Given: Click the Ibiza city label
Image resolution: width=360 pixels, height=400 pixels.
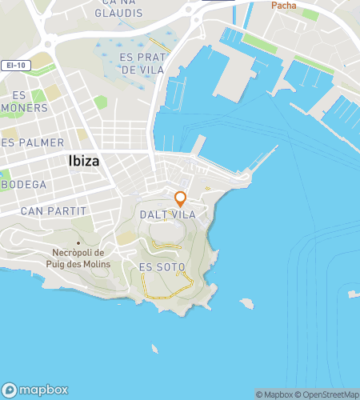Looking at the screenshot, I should (78, 161).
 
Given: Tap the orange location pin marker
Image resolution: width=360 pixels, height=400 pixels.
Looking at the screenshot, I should (181, 198).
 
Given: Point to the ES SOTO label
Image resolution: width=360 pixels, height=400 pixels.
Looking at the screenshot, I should (162, 266).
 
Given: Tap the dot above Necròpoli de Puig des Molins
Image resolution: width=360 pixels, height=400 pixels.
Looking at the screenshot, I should (78, 242).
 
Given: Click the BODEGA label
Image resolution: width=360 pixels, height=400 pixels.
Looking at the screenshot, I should (24, 184).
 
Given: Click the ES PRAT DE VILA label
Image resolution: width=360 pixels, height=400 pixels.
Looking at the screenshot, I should (141, 63).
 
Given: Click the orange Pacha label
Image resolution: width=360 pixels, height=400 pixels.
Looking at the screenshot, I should (283, 6).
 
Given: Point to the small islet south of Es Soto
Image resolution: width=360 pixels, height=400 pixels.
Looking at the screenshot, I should (154, 348).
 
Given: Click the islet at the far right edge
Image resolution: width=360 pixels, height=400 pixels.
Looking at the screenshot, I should (353, 294).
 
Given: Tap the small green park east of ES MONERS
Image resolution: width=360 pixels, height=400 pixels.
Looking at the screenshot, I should (100, 102).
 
